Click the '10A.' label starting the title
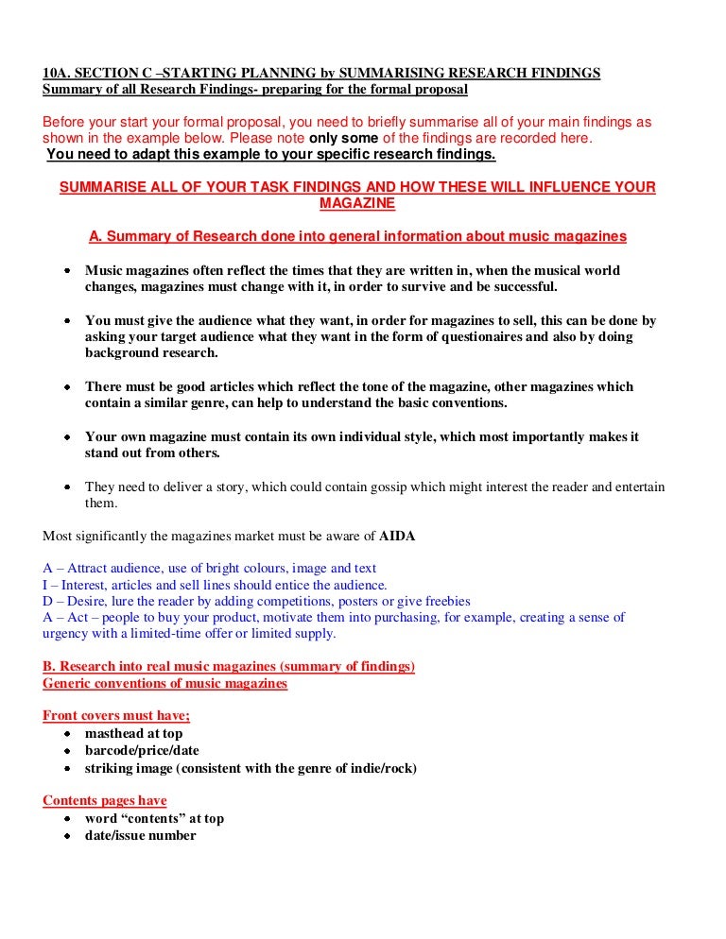58,74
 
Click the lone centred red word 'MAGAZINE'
357,204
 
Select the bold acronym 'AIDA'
397,536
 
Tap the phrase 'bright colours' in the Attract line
208,569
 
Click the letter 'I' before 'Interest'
45,585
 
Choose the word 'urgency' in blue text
66,633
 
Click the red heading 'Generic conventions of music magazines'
165,683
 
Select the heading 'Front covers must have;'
116,716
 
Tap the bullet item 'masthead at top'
134,733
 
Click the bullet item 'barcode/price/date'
142,750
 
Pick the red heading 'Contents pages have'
105,801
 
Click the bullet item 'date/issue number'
141,835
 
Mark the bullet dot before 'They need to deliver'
68,487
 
